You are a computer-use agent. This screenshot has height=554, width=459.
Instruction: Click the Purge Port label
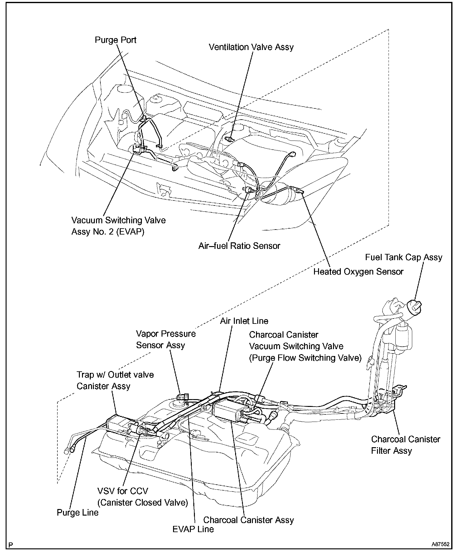(x=115, y=40)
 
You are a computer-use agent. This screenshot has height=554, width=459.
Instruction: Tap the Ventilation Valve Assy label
(x=251, y=47)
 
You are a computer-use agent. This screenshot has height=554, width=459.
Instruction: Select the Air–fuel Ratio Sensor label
(x=239, y=246)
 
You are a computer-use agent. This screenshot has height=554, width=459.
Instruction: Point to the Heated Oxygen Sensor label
(x=358, y=272)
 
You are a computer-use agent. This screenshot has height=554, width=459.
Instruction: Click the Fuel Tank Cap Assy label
(x=403, y=257)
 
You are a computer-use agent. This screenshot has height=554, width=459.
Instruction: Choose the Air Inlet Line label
(x=244, y=321)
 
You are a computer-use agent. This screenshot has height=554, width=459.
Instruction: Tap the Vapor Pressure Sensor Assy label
(x=166, y=339)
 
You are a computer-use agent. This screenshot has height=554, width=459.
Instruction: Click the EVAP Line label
(x=193, y=529)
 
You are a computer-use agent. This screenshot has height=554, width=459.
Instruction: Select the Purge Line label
(x=77, y=512)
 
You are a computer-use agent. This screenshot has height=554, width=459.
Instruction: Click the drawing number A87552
(x=440, y=544)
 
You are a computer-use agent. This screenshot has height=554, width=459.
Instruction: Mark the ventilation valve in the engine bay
(x=230, y=139)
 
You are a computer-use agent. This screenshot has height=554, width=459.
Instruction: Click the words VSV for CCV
(x=123, y=491)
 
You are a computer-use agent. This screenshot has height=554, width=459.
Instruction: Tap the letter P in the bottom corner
(x=11, y=545)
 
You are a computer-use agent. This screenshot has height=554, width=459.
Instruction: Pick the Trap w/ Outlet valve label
(x=115, y=375)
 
